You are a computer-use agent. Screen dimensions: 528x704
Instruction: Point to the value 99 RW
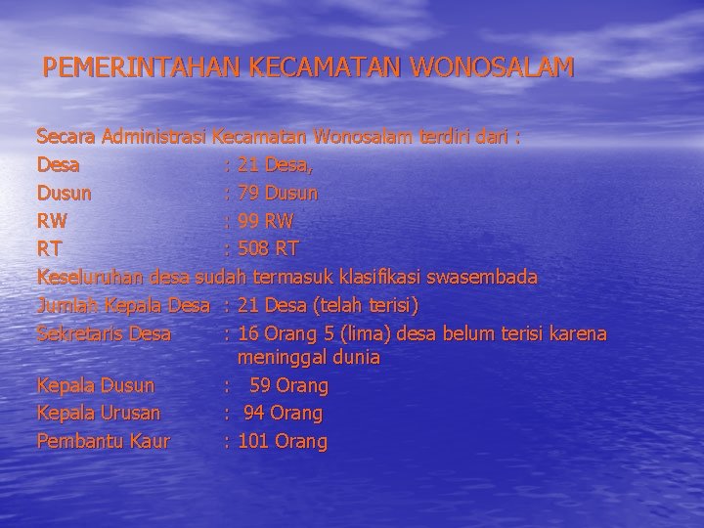pyautogui.click(x=265, y=221)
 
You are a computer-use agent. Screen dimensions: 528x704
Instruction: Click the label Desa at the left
pyautogui.click(x=59, y=164)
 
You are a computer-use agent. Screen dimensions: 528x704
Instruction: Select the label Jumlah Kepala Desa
pyautogui.click(x=124, y=306)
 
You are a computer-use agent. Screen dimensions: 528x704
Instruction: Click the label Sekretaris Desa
pyautogui.click(x=105, y=334)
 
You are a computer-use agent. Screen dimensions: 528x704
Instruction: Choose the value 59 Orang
pyautogui.click(x=288, y=385)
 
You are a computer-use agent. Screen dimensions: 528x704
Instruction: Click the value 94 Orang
pyautogui.click(x=283, y=414)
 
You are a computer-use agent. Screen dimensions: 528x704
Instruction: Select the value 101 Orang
pyautogui.click(x=283, y=442)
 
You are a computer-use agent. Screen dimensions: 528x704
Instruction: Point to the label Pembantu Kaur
pyautogui.click(x=103, y=442)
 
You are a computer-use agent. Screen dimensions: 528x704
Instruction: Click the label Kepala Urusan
pyautogui.click(x=99, y=414)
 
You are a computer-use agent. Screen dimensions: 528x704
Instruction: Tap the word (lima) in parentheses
pyautogui.click(x=359, y=334)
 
